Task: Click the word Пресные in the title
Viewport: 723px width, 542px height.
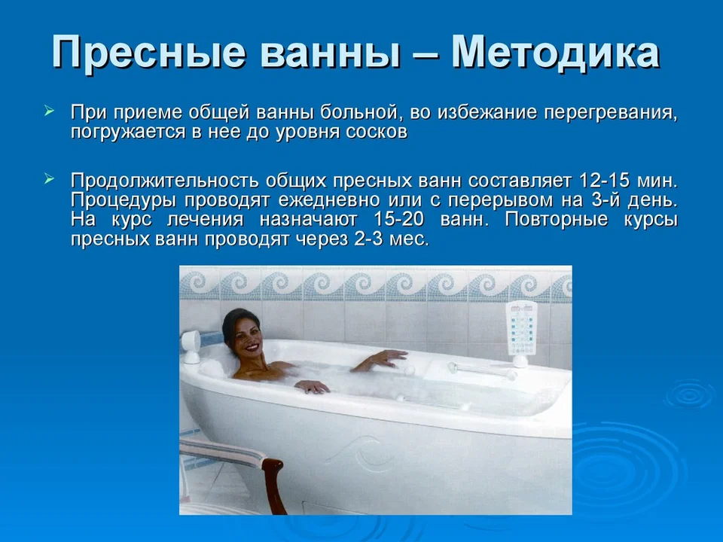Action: click(x=148, y=53)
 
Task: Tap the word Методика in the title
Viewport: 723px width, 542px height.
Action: click(x=555, y=53)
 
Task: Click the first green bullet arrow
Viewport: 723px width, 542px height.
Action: click(x=50, y=111)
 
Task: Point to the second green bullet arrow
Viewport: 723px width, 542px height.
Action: click(x=50, y=178)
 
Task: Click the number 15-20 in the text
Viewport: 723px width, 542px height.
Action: click(x=398, y=219)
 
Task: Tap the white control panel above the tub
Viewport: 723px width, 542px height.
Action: click(x=521, y=328)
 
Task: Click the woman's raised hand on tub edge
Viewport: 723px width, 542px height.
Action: click(x=391, y=357)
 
